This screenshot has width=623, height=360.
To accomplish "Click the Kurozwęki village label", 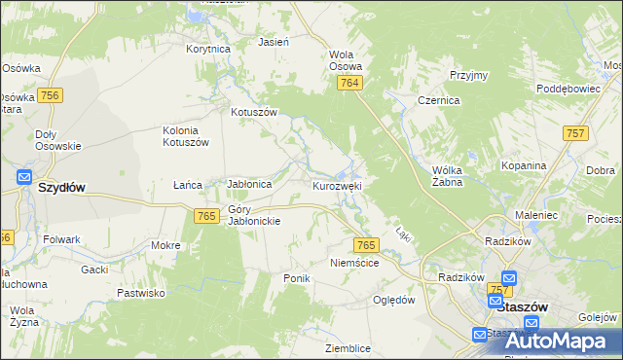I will coord(337,185).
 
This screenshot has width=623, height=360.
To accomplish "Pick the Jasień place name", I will coord(271,43).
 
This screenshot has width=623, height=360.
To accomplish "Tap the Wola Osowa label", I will coord(346,60).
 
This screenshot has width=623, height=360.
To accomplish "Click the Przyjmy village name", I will coord(468,75).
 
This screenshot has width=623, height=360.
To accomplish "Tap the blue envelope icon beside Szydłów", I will coord(24,178).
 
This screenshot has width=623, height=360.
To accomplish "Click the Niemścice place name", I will coord(353,263).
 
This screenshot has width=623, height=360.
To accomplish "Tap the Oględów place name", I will coord(394,300).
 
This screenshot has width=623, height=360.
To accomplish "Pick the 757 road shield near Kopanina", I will coord(575,132).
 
